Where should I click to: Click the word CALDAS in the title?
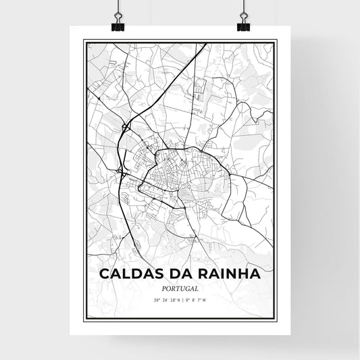pyautogui.click(x=128, y=274)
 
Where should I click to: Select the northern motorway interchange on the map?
pyautogui.click(x=126, y=126)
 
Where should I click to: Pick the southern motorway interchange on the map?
pyautogui.click(x=122, y=172)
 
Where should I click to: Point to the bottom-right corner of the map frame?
pyautogui.click(x=277, y=318)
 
